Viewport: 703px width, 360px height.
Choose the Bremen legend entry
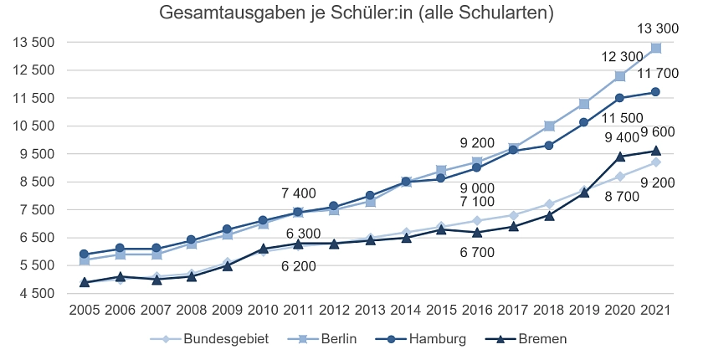coord(541,339)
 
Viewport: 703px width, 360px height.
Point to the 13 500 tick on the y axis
coord(34,43)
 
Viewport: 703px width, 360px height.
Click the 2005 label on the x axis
coord(84,310)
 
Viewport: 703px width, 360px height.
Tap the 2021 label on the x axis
coord(656,310)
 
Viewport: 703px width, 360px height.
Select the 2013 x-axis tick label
coord(370,310)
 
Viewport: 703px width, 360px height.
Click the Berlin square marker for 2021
coord(656,48)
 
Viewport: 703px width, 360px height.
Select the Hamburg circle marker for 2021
coord(656,92)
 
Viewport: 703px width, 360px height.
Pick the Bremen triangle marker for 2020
coord(620,157)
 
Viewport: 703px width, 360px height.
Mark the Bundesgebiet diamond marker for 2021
coord(656,162)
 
